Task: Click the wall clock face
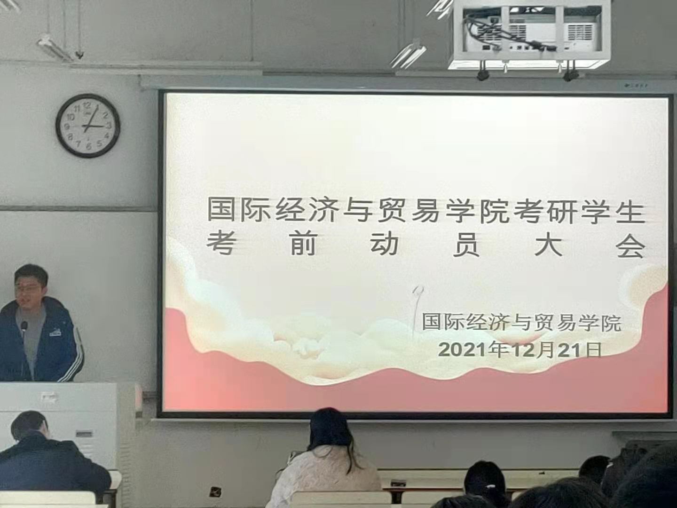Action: [x=88, y=126]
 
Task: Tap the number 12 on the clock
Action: [x=87, y=105]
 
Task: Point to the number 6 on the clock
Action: [x=89, y=147]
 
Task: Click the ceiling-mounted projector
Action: [x=528, y=33]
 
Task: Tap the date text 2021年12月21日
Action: [x=520, y=350]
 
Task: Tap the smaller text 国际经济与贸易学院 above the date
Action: [x=521, y=322]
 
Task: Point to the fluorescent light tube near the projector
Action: [x=408, y=56]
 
